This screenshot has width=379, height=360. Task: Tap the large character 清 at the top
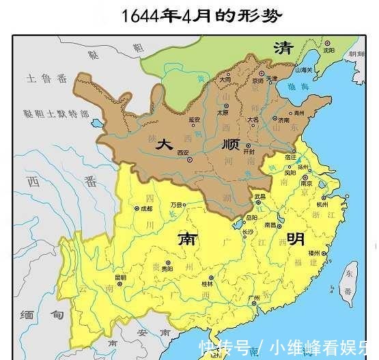282,48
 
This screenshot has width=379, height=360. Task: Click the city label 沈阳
329,50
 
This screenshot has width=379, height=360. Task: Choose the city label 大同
225,79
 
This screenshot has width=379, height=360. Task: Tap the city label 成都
145,209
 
